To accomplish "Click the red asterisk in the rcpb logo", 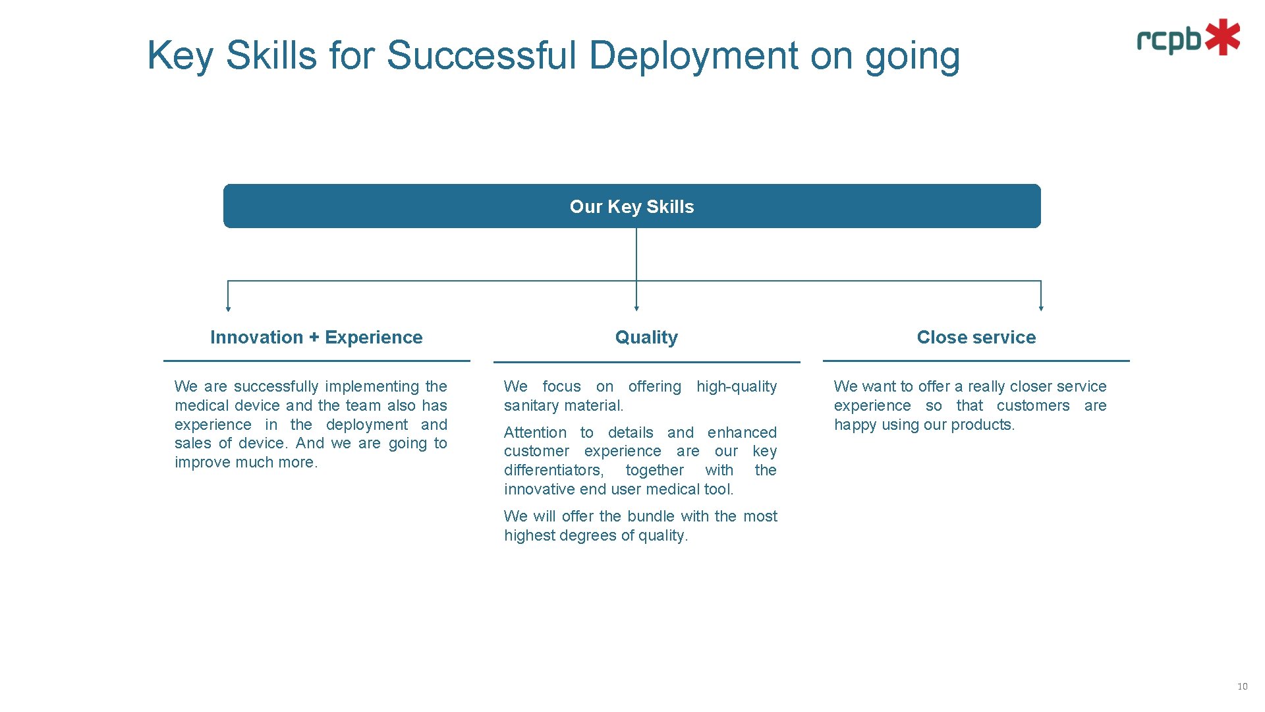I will click(x=1223, y=37).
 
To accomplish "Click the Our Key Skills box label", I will click(x=631, y=207).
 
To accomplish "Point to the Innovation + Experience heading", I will click(x=316, y=338).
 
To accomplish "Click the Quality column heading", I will click(x=646, y=338).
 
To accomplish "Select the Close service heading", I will click(x=976, y=338).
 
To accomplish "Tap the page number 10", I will click(x=1242, y=687).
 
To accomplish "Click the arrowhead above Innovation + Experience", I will click(x=228, y=308).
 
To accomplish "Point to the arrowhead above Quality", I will click(x=636, y=308).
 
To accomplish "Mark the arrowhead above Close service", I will click(x=1041, y=308).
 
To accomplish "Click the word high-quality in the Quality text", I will click(x=737, y=387).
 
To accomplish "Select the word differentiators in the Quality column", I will click(x=553, y=471).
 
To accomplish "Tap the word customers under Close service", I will click(x=1033, y=406).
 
